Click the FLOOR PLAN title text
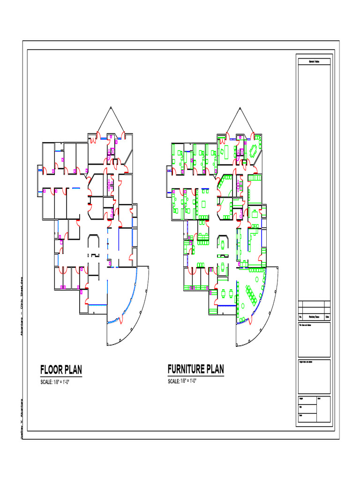pos(61,370)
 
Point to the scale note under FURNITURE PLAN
pos(181,382)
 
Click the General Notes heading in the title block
pos(314,61)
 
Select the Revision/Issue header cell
pos(314,317)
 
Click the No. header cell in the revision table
pos(300,317)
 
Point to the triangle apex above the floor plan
pos(111,107)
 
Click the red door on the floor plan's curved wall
pos(121,321)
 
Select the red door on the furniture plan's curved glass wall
pos(249,321)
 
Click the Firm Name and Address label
pos(306,325)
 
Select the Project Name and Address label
pos(307,362)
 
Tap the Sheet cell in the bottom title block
pos(319,398)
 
